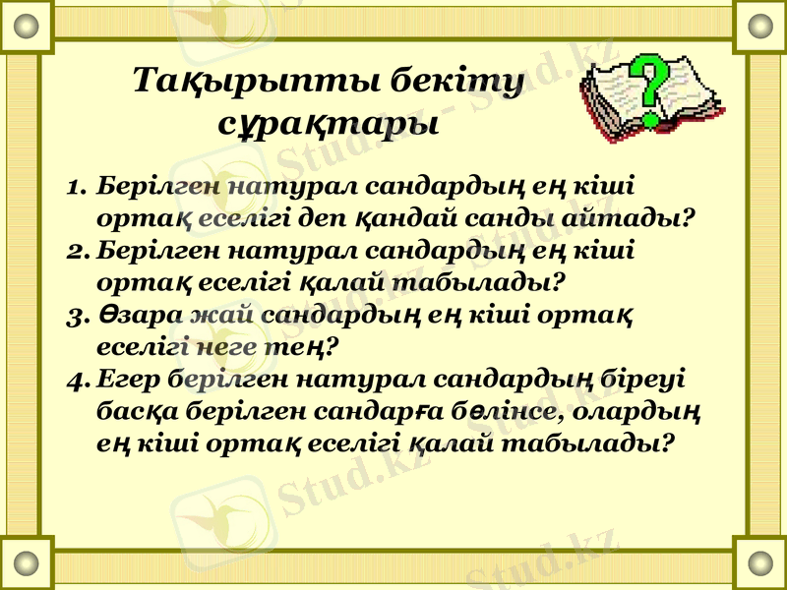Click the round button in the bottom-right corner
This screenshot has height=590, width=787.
tap(760, 563)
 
